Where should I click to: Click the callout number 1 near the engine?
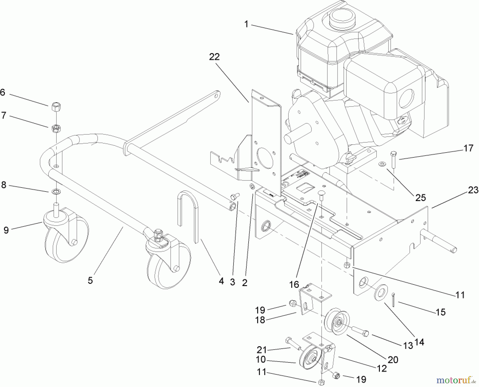(246, 24)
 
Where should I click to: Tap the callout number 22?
(214, 57)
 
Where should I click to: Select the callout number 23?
(473, 190)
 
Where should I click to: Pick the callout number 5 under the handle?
(90, 280)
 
